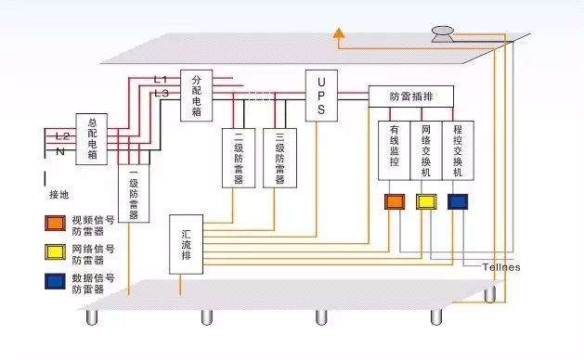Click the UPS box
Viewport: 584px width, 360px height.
(x=321, y=94)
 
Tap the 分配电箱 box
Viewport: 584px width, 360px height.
(x=197, y=94)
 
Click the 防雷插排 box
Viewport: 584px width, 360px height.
(x=409, y=96)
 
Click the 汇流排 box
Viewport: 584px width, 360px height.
(x=187, y=243)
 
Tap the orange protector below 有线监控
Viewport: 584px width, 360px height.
(x=395, y=200)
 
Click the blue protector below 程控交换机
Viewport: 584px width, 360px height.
(x=458, y=200)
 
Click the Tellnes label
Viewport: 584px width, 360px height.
(x=501, y=267)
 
